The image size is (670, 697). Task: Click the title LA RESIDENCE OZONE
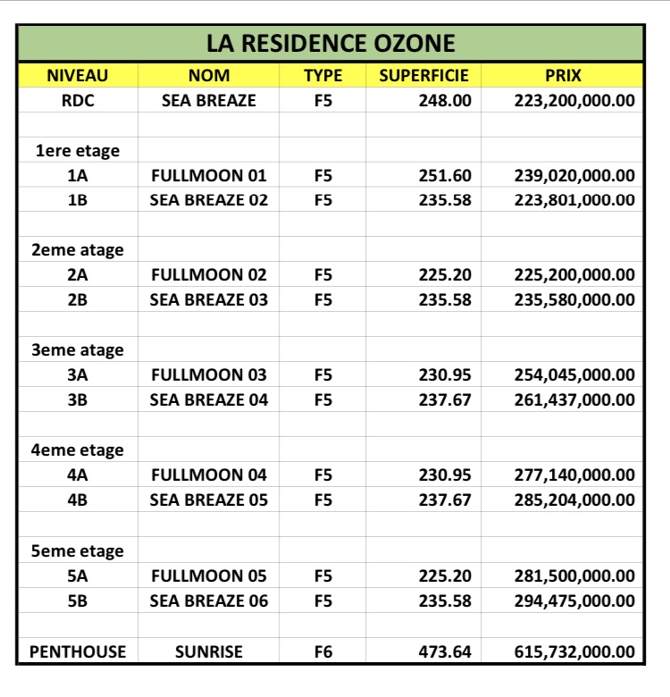tap(331, 43)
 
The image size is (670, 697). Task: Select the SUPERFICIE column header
tap(423, 76)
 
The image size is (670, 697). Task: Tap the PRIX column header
tap(563, 76)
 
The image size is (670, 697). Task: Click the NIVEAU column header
tap(78, 76)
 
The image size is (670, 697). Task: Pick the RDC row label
tap(78, 100)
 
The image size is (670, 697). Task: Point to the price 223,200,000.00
tap(574, 100)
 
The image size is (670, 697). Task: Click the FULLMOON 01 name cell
tap(209, 175)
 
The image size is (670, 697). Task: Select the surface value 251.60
tap(445, 175)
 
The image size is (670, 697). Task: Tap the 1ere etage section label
tap(78, 150)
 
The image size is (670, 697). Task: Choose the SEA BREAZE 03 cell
tap(209, 299)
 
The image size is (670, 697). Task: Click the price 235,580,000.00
tap(574, 299)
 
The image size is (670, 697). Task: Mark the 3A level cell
tap(78, 374)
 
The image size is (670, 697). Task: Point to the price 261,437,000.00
tap(574, 399)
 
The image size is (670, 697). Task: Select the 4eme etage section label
tap(78, 450)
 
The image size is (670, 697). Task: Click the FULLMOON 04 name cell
tap(209, 474)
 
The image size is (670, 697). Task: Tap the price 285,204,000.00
tap(574, 500)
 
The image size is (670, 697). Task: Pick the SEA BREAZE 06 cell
tap(209, 600)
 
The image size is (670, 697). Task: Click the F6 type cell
tap(322, 651)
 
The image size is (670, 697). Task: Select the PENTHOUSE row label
tap(78, 651)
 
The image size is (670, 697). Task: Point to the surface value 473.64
tap(445, 651)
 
